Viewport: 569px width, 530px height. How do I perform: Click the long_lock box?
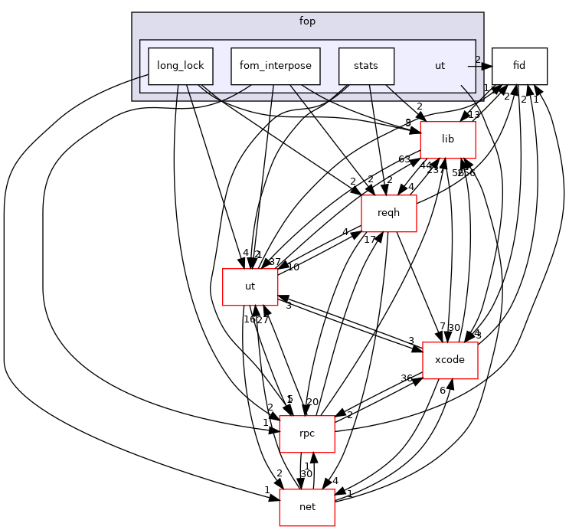pyautogui.click(x=180, y=66)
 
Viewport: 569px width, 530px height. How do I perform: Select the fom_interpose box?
pyautogui.click(x=275, y=66)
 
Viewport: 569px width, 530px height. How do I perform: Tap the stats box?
pyautogui.click(x=366, y=66)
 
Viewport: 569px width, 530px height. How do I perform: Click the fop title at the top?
pyautogui.click(x=307, y=21)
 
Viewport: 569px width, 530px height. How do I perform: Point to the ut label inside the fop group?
pyautogui.click(x=440, y=66)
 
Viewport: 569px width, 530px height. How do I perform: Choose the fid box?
pyautogui.click(x=519, y=66)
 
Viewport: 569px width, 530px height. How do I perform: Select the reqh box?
pyautogui.click(x=388, y=213)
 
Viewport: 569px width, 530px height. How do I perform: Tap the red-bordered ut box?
pyautogui.click(x=250, y=286)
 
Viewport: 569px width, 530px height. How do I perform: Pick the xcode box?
pyautogui.click(x=450, y=360)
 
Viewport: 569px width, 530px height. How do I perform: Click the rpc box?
pyautogui.click(x=307, y=433)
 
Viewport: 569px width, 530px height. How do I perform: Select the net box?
pyautogui.click(x=307, y=507)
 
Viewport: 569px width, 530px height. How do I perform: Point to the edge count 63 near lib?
pyautogui.click(x=404, y=159)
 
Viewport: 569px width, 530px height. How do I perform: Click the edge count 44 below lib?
pyautogui.click(x=426, y=166)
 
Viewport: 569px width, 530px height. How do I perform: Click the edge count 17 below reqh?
pyautogui.click(x=369, y=239)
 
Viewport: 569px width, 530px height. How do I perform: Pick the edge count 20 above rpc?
pyautogui.click(x=312, y=402)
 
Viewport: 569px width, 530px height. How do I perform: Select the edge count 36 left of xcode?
pyautogui.click(x=407, y=378)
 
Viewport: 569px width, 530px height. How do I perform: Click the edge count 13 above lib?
pyautogui.click(x=474, y=115)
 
